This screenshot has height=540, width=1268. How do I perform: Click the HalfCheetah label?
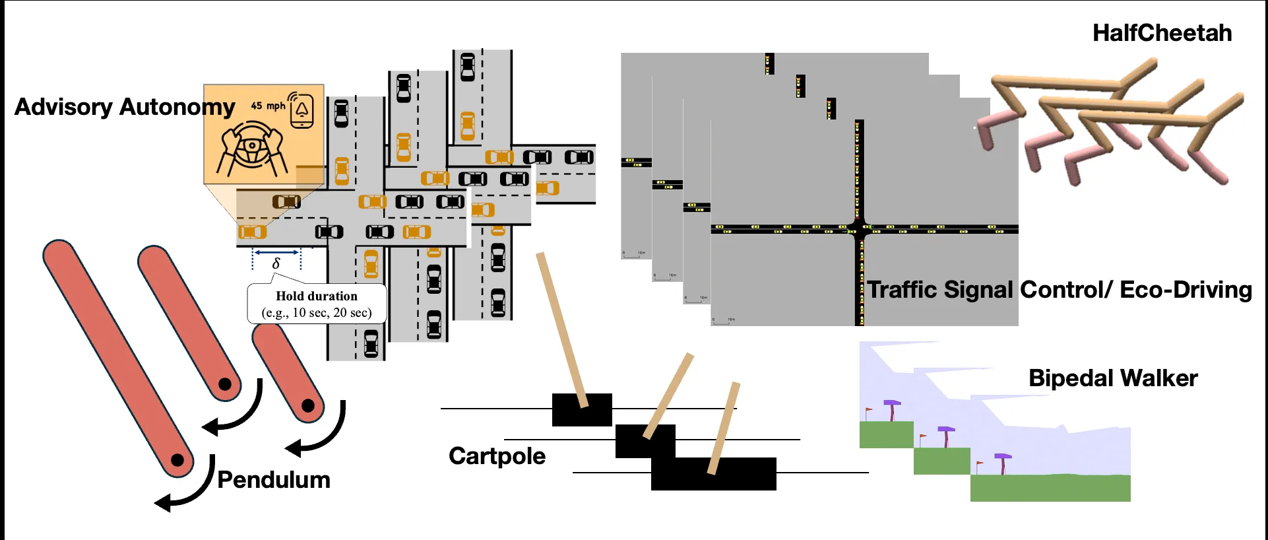click(x=1162, y=33)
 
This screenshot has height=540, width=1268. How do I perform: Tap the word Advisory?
click(x=63, y=107)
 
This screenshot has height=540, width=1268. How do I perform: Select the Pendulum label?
click(x=274, y=480)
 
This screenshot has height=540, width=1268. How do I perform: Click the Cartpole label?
click(x=497, y=456)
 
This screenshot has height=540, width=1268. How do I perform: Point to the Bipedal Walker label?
click(x=1113, y=378)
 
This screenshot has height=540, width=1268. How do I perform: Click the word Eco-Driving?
click(x=1186, y=290)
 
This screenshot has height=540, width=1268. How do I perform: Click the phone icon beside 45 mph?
click(x=301, y=110)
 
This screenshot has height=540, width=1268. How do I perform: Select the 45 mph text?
click(x=268, y=106)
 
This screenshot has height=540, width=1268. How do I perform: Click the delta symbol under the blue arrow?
click(x=276, y=263)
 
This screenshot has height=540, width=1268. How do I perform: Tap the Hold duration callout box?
click(x=317, y=304)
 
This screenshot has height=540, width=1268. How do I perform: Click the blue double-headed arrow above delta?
click(x=276, y=252)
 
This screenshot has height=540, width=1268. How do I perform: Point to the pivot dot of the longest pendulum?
click(x=177, y=459)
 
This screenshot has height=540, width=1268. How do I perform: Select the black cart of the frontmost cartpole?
click(x=713, y=474)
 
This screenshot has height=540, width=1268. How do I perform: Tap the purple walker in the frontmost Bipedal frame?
click(x=1003, y=462)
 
